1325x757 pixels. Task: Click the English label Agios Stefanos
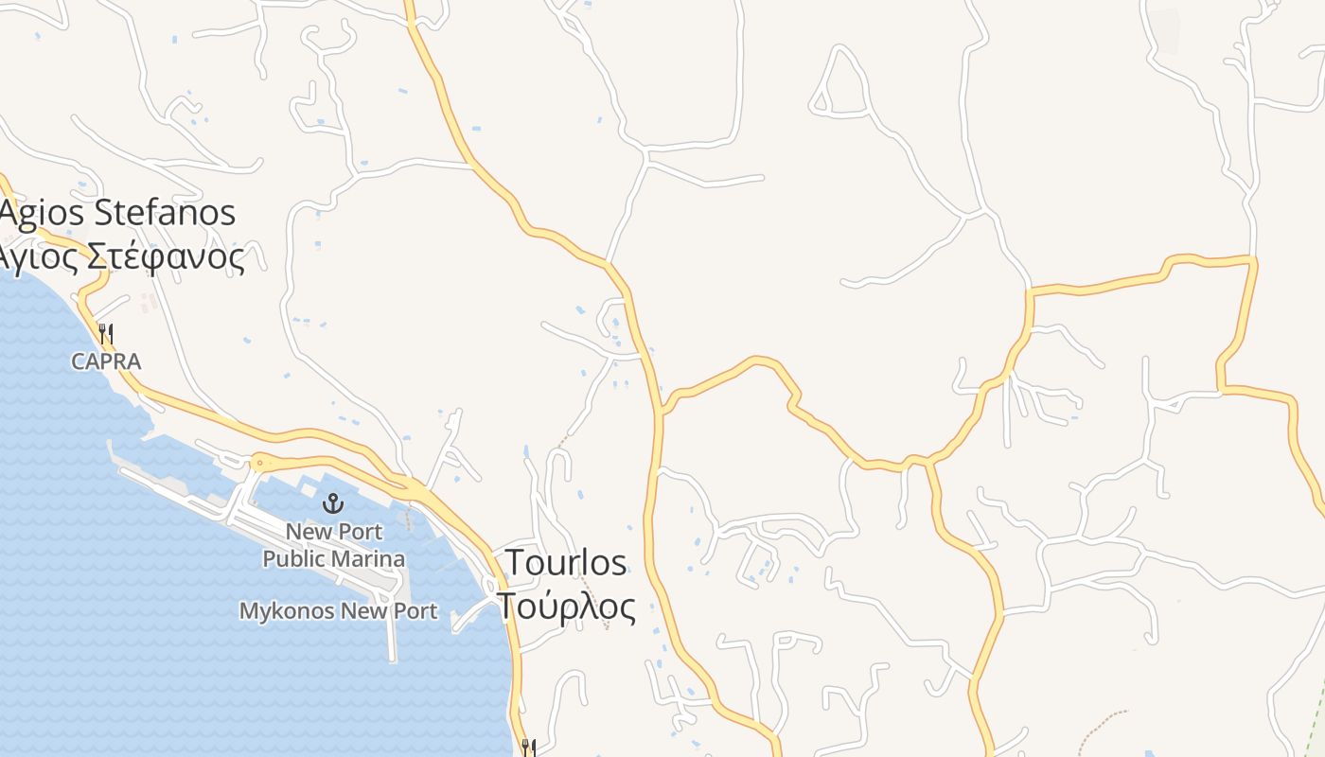coord(117,212)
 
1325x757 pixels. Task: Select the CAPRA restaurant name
coord(106,361)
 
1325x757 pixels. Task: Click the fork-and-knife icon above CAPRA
coord(106,333)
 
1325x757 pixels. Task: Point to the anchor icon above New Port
coord(332,502)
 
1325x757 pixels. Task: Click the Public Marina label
coord(333,559)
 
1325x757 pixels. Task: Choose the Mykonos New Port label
coord(338,611)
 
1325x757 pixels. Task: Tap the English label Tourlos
coord(566,562)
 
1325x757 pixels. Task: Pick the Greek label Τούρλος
coord(566,606)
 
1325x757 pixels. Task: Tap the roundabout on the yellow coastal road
coord(258,462)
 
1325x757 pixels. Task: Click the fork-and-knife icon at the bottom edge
coord(528,748)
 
